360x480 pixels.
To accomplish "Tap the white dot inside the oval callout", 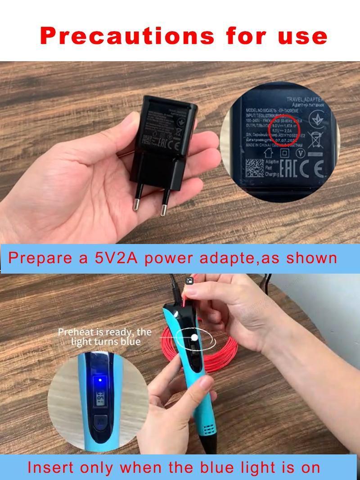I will [194, 337].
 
